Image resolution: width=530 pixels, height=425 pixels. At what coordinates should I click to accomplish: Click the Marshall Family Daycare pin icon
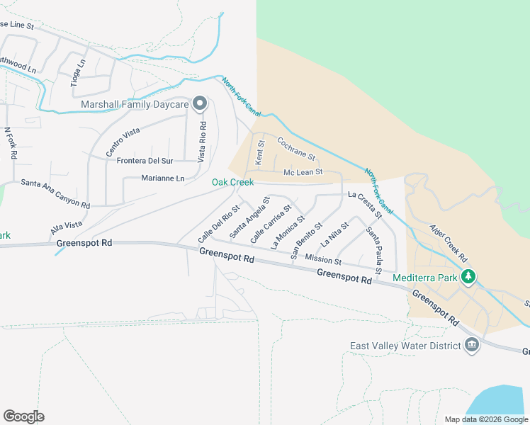point(200,105)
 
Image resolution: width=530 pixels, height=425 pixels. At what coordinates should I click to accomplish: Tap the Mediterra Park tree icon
point(468,277)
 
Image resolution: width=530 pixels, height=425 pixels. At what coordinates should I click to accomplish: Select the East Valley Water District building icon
point(471,346)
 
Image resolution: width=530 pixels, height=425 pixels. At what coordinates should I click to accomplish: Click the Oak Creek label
point(232,183)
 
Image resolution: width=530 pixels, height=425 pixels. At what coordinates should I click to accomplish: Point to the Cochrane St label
point(295,148)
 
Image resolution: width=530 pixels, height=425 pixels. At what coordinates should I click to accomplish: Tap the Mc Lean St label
point(303,172)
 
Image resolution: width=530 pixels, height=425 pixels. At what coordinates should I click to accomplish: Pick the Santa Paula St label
point(375,249)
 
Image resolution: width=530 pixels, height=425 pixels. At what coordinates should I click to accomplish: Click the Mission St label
point(322,260)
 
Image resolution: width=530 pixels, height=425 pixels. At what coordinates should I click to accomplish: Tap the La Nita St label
point(329,234)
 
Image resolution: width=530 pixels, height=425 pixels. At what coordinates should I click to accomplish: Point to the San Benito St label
point(306,240)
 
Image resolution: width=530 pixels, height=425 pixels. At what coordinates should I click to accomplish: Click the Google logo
point(23,416)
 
